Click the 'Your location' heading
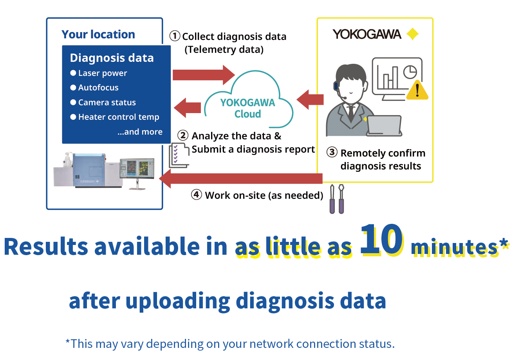coord(98,35)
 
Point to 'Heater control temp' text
coord(119,117)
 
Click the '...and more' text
coord(140,132)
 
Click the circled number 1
coord(175,36)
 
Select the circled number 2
coord(183,135)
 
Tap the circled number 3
coord(332,152)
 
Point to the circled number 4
coord(197,195)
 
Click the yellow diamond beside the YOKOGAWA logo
coord(412,34)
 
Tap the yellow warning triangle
coord(417,90)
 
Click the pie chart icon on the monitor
coord(410,72)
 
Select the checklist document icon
coord(179,155)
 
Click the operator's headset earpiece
coord(336,86)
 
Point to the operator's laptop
coord(384,126)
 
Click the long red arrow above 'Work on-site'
coord(241,178)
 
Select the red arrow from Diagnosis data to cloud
coord(204,75)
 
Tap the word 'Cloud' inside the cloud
coord(248,114)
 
